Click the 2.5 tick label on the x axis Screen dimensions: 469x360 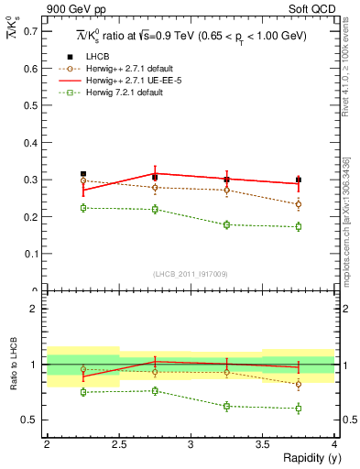click(x=118, y=444)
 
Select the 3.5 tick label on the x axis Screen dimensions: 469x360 click(x=262, y=444)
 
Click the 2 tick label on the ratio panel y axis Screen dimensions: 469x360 click(x=36, y=309)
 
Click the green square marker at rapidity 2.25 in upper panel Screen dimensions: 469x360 click(x=82, y=208)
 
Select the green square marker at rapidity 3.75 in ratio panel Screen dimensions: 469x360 click(x=299, y=408)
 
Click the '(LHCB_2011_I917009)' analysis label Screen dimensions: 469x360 click(x=191, y=273)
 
